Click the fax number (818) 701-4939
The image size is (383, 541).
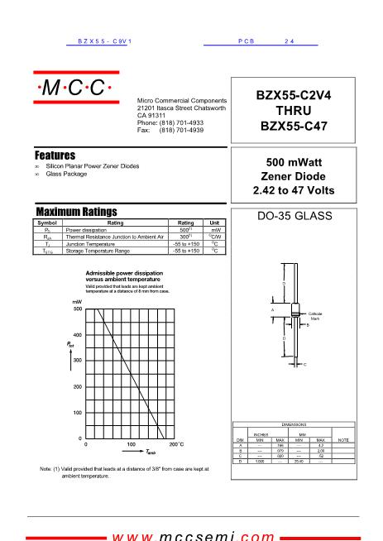182,131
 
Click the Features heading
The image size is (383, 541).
55,156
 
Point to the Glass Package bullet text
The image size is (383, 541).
65,174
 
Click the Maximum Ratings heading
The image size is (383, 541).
76,212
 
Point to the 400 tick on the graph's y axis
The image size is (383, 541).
77,334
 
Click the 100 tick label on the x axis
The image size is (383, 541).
131,444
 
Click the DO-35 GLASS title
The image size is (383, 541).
295,218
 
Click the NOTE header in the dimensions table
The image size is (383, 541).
344,439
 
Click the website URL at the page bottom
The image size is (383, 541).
193,535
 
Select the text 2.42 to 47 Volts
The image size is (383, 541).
295,191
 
